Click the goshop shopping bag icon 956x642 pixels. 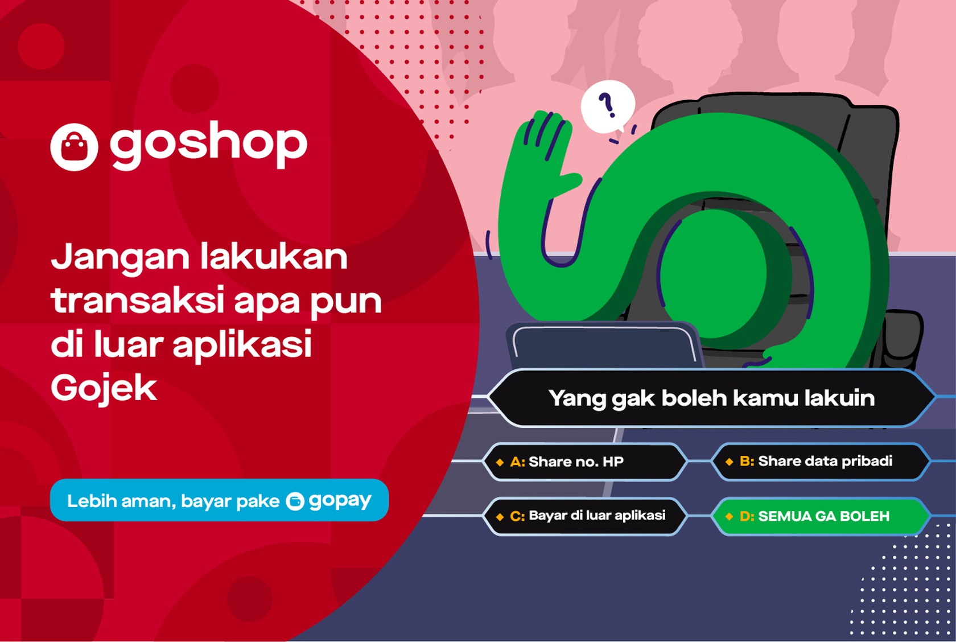tap(74, 147)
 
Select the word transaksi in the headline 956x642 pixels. tap(137, 302)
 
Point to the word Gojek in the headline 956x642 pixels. tap(104, 389)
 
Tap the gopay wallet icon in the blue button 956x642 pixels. tap(295, 501)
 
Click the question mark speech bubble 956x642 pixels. tap(608, 106)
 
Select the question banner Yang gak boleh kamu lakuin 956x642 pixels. tap(711, 398)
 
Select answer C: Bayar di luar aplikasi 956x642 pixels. tap(586, 516)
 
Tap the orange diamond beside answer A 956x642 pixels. tap(500, 462)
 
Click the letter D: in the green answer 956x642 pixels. tap(747, 516)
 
